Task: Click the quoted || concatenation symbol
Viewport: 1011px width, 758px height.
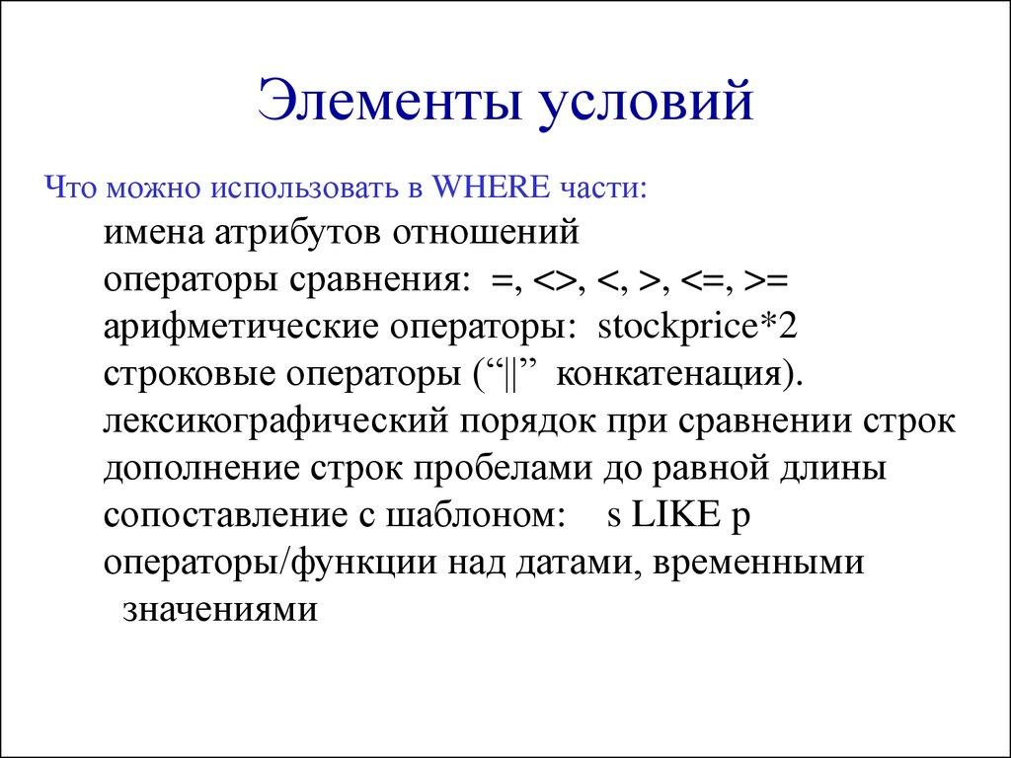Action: tap(510, 373)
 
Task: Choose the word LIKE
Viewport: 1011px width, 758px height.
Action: tap(671, 514)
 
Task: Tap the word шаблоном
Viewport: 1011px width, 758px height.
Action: tap(473, 514)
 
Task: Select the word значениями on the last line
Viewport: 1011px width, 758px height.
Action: tap(220, 608)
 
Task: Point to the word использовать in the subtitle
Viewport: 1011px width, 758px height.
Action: tap(304, 188)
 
